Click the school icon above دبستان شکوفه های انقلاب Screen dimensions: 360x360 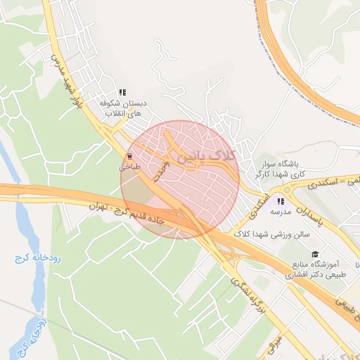coord(122,92)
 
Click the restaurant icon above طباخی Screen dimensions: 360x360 coord(129,156)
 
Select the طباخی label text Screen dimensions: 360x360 coord(129,167)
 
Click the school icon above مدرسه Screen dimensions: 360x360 coord(281,200)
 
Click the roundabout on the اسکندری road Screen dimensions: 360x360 coord(286,188)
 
